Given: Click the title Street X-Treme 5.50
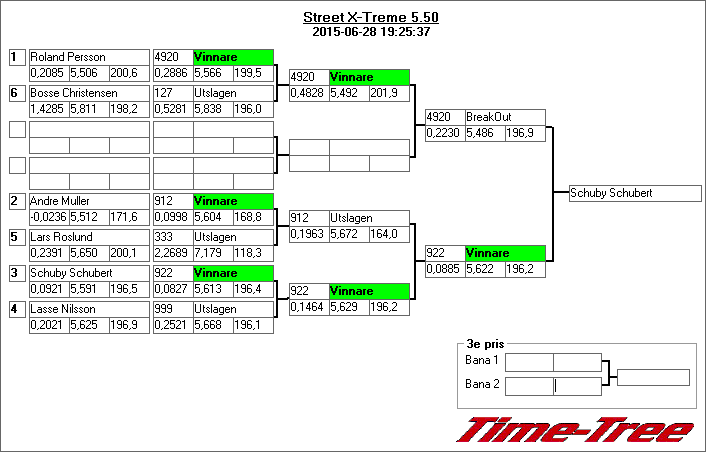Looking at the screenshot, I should point(371,18).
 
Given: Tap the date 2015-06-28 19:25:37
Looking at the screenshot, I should point(371,32).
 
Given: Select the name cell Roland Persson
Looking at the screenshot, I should point(89,57).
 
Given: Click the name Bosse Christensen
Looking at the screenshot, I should point(89,93).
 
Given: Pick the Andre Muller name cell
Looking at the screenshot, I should point(89,201).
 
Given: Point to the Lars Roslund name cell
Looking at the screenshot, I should point(89,237).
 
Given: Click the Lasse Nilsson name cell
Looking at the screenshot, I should point(89,309).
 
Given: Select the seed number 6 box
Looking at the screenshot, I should point(17,93).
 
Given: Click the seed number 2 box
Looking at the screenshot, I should point(17,201).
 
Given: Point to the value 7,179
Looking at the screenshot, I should point(212,252).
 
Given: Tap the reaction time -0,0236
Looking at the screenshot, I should point(48,216).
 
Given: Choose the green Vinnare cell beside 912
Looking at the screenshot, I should point(232,201).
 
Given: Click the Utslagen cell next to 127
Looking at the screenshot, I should point(232,93).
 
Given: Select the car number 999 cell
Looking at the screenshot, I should point(172,309).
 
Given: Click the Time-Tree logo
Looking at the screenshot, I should point(576,430).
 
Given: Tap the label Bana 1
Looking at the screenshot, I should point(482,360).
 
